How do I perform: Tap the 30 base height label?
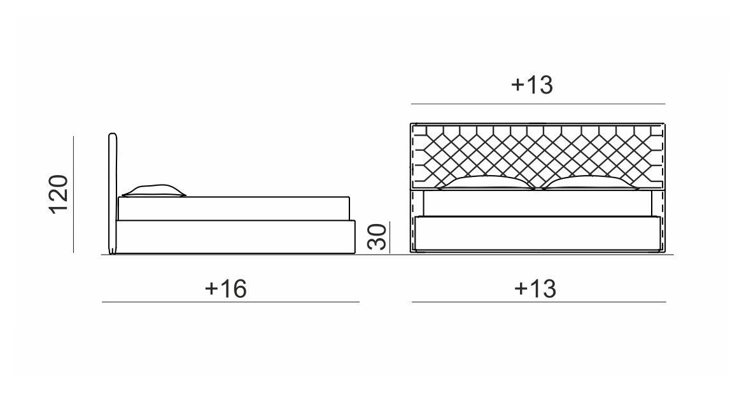click(377, 237)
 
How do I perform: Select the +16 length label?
click(226, 288)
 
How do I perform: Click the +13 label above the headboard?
click(532, 85)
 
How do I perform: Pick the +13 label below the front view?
click(535, 288)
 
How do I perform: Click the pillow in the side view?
click(154, 190)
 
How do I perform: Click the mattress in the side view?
click(234, 208)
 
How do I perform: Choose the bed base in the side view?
click(236, 236)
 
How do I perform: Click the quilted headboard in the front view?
click(537, 156)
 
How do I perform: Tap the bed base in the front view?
click(537, 234)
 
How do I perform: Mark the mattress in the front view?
click(537, 203)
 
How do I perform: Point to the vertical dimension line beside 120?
click(74, 194)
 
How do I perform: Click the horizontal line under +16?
click(230, 302)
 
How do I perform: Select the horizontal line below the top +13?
click(538, 104)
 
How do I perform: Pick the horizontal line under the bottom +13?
click(538, 302)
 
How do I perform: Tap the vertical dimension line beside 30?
click(390, 237)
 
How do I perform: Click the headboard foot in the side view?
click(113, 251)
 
